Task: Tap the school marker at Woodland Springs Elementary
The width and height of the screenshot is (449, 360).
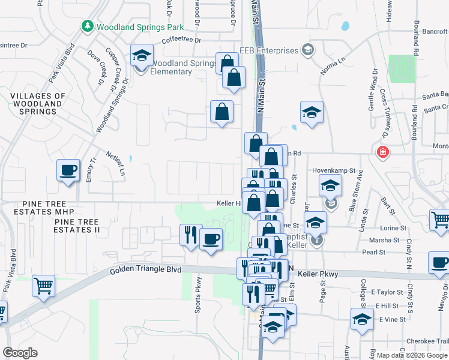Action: pos(142,56)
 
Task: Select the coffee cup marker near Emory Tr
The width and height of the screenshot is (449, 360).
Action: pos(68,170)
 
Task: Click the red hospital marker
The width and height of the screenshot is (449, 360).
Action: pos(382,152)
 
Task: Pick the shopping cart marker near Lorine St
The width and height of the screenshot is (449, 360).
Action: pos(441,220)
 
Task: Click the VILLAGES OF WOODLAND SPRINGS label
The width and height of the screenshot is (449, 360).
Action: pos(37,104)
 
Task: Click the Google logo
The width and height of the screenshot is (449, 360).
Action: pos(20,353)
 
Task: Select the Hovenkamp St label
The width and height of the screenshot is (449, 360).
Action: pos(334,171)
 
